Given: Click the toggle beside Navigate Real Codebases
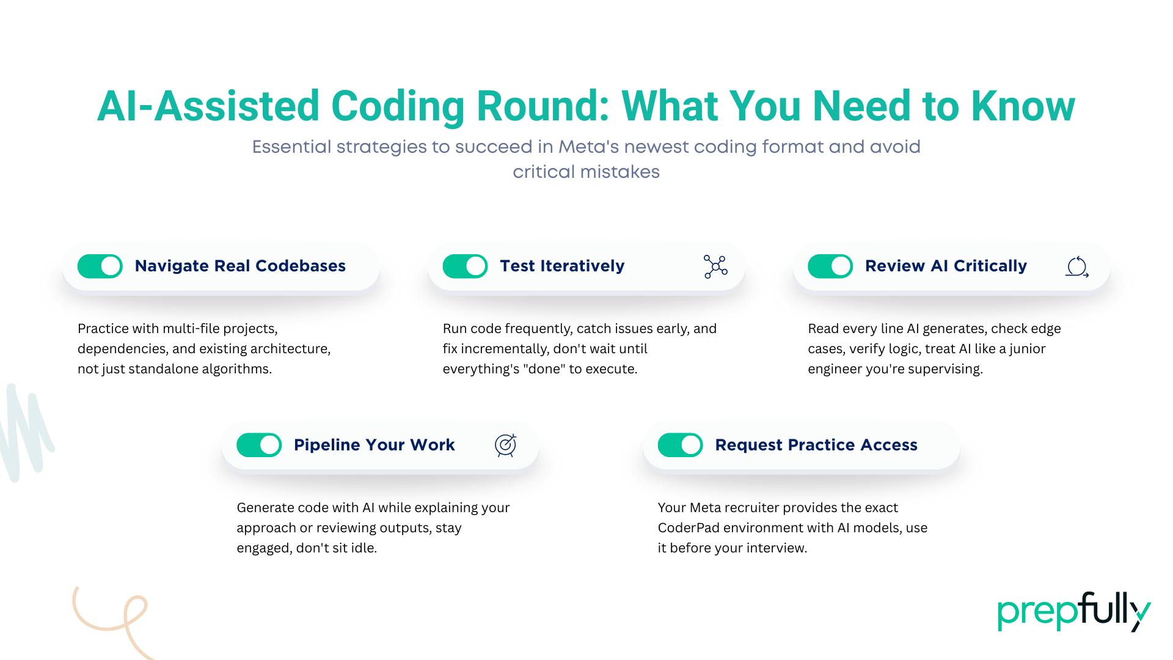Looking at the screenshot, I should tap(100, 266).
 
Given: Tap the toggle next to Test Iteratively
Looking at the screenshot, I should tap(465, 266).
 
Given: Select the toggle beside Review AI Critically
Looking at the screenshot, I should tap(830, 266).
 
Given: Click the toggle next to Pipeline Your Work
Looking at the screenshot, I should tap(259, 446).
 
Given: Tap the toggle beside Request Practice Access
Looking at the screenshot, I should tap(681, 446).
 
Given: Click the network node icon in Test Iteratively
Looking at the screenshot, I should tap(715, 267).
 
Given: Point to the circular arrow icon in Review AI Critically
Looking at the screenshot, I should tap(1077, 267).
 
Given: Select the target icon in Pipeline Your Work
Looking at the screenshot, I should tap(506, 446).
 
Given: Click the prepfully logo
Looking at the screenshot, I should tap(1073, 612).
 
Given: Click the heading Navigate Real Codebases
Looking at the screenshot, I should tap(240, 266).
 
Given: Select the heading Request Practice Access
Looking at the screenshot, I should tap(816, 446).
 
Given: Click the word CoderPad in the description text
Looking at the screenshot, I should tap(688, 528).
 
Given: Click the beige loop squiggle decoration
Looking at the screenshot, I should tap(116, 617).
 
